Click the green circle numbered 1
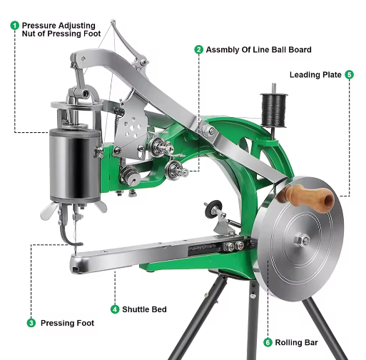(14, 25)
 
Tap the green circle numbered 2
(198, 49)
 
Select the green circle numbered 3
(31, 323)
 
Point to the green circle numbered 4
(114, 309)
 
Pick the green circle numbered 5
(349, 74)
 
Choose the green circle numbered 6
(268, 341)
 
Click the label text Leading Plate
(315, 74)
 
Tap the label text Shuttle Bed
(145, 309)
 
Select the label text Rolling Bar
(300, 341)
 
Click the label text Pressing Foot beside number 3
(66, 323)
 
